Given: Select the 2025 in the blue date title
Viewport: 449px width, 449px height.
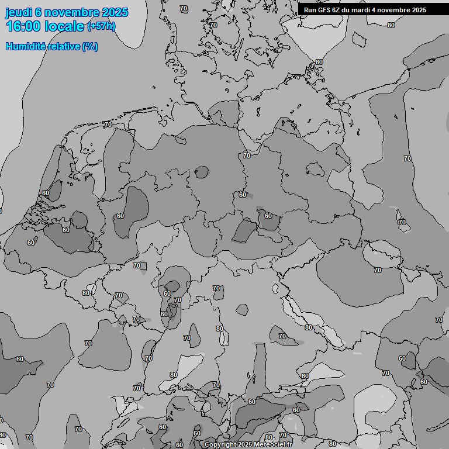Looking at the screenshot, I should pyautogui.click(x=114, y=12).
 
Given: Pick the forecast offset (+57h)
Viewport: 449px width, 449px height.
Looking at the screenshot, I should pyautogui.click(x=101, y=26).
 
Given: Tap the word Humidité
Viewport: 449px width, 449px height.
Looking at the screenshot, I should pyautogui.click(x=25, y=47).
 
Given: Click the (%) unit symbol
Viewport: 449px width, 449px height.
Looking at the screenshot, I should pyautogui.click(x=90, y=47).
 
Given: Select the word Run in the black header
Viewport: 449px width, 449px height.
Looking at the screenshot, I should pyautogui.click(x=310, y=10).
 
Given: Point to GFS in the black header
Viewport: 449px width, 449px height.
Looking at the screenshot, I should pyautogui.click(x=324, y=10).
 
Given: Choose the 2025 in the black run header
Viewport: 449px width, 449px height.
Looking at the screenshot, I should pyautogui.click(x=419, y=10).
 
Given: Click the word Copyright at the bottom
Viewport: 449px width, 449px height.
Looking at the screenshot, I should pyautogui.click(x=220, y=445).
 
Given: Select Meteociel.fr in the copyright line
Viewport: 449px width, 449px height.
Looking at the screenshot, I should pyautogui.click(x=272, y=445).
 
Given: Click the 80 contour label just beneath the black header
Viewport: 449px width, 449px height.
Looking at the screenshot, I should pyautogui.click(x=391, y=25).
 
